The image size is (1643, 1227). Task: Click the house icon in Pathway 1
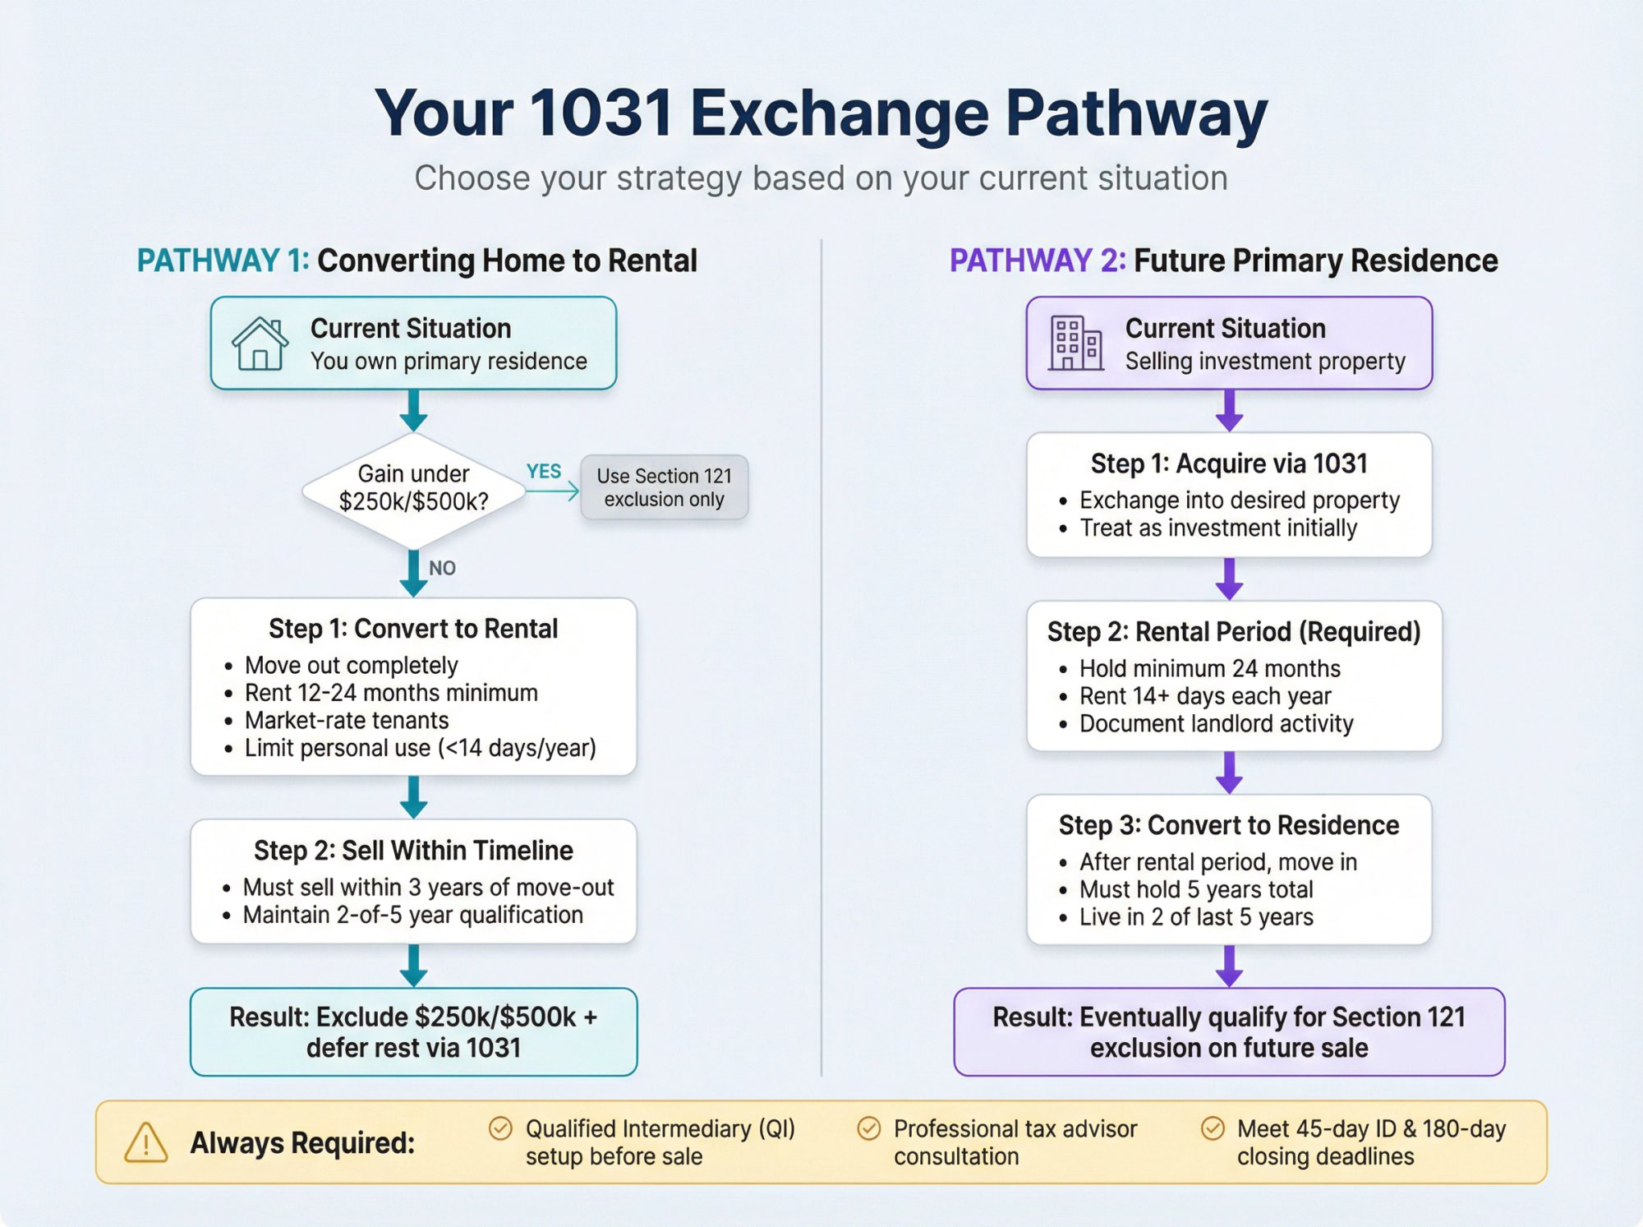pos(260,344)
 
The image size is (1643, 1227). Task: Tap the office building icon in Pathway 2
pos(1075,344)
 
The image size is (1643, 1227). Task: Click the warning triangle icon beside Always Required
pos(146,1143)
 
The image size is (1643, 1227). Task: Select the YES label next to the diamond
pos(543,472)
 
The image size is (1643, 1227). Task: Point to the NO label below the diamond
pos(442,568)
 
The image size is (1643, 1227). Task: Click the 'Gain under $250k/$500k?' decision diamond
pos(413,489)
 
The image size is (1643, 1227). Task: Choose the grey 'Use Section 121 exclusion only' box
pos(664,487)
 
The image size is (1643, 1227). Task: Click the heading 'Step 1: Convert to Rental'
pos(413,629)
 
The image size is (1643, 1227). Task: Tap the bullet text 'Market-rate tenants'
pos(347,721)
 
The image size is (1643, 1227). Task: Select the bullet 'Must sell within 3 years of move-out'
pos(428,888)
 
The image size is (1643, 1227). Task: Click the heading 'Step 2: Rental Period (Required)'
pos(1233,632)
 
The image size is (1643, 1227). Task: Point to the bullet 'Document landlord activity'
pos(1216,724)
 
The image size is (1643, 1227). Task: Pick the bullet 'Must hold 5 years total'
pos(1196,890)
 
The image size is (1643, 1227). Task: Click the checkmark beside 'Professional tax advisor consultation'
pos(868,1128)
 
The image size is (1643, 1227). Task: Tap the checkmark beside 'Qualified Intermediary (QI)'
pos(500,1128)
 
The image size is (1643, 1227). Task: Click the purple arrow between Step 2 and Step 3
pos(1229,773)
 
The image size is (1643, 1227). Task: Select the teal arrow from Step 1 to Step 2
pos(413,797)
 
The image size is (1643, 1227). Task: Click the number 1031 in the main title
pos(601,113)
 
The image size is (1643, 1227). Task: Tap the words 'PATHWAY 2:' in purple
pos(1037,261)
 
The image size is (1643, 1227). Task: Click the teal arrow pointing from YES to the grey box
pos(554,491)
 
